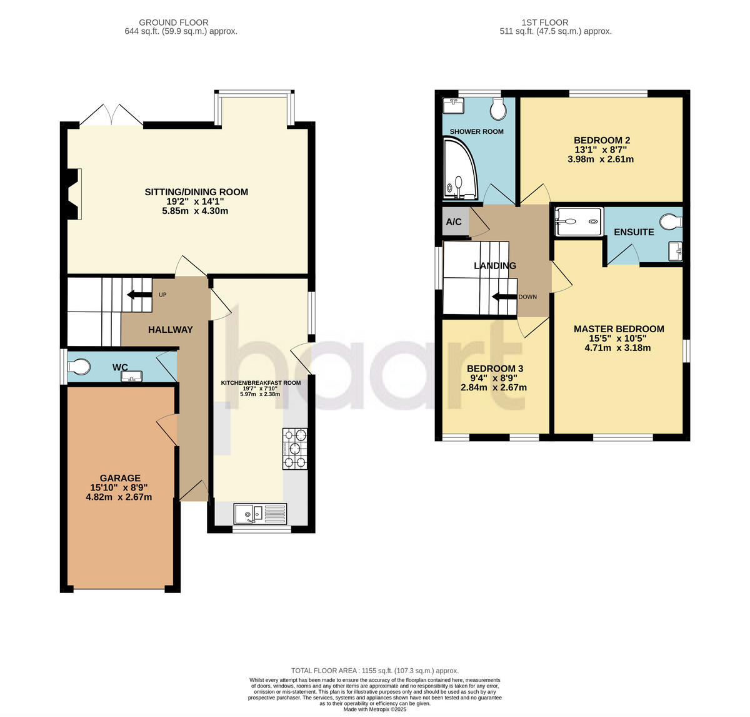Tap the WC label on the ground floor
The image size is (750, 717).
coord(120,367)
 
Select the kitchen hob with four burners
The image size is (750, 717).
coord(295,449)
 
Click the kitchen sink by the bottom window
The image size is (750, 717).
coord(260,514)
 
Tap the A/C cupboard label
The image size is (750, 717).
coord(454,222)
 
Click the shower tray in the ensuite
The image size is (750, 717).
coord(579,221)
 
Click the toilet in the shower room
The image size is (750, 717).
coord(498,109)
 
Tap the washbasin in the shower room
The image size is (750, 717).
coord(452,105)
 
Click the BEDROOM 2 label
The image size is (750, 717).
coord(602,141)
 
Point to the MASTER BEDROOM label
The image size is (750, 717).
coord(619,329)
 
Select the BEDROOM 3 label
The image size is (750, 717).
coord(494,369)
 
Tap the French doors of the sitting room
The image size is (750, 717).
coord(111,116)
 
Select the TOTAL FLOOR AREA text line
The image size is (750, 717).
coord(375,670)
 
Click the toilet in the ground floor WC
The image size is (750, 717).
coord(78,366)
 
